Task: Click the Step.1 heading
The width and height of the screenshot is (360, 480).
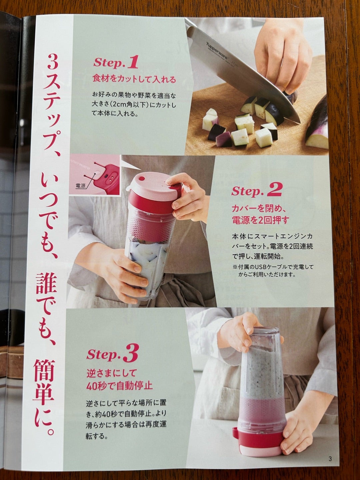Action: (116, 62)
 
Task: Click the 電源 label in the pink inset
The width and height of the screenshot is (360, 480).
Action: (80, 186)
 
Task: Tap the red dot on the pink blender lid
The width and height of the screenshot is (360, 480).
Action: (142, 179)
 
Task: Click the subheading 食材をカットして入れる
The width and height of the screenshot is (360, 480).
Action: (134, 79)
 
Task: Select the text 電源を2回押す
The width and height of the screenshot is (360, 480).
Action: (261, 220)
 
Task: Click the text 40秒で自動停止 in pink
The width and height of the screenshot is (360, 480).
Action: (119, 386)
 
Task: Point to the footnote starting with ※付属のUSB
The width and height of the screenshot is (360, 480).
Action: (273, 270)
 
